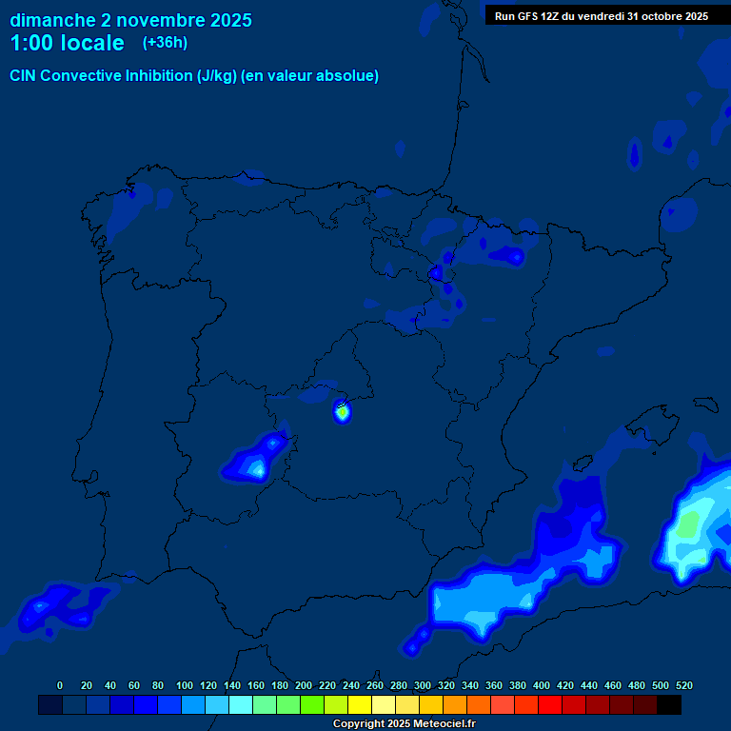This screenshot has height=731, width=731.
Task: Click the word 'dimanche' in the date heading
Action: click(x=51, y=20)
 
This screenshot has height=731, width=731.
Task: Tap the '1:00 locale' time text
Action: click(x=67, y=44)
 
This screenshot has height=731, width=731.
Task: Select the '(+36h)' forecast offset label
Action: click(x=166, y=43)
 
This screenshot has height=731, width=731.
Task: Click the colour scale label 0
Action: click(x=60, y=685)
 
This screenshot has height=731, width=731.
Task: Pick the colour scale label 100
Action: click(x=185, y=685)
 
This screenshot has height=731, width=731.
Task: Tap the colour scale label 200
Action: click(x=304, y=685)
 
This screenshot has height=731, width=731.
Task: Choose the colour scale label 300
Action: click(x=423, y=685)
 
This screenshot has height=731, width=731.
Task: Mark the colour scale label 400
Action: click(x=542, y=685)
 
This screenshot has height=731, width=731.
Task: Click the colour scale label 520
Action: click(x=684, y=685)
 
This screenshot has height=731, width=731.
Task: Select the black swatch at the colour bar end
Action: click(x=669, y=704)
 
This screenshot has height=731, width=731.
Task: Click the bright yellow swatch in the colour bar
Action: click(x=360, y=704)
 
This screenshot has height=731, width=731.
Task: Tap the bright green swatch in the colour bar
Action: click(x=312, y=704)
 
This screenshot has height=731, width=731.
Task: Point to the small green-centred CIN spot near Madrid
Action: click(x=342, y=412)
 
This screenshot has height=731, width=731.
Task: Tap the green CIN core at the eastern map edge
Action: click(x=689, y=523)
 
